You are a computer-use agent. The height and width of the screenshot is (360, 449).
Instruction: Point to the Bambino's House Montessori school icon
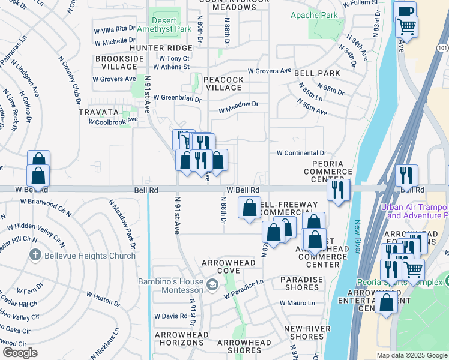[x=211, y=284]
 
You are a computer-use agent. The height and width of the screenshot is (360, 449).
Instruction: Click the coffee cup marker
[x=405, y=11]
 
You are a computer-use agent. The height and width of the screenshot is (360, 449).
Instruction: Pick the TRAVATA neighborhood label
[x=98, y=112]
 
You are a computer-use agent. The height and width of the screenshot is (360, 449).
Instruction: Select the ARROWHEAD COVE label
[x=229, y=267]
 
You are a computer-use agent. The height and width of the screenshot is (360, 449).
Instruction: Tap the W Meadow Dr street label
[x=238, y=107]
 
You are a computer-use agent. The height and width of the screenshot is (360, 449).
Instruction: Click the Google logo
[x=20, y=353]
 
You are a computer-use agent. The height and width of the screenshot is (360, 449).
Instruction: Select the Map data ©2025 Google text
[x=411, y=355]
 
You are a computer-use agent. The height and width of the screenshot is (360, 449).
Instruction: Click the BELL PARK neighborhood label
[x=317, y=73]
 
